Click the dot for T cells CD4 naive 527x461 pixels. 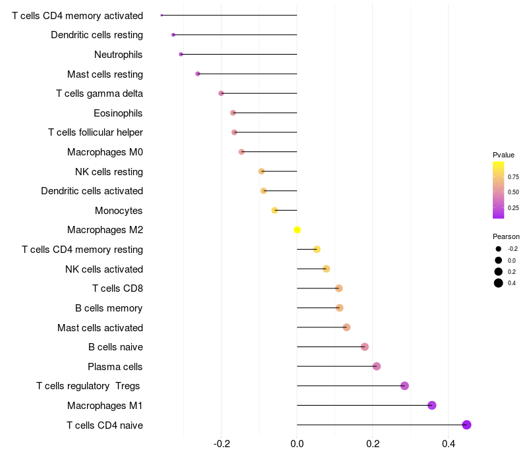[466, 425]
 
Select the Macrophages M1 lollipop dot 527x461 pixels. [432, 405]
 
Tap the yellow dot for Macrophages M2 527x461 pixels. [297, 230]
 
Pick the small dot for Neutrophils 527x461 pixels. [180, 55]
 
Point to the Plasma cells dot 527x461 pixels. [377, 366]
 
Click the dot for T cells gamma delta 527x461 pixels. [221, 94]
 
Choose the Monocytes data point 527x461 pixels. [275, 210]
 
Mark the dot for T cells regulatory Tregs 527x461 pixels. [404, 386]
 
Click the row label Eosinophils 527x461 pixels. [118, 113]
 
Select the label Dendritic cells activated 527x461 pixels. [92, 191]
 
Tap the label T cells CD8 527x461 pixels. [118, 288]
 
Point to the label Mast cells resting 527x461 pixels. [105, 74]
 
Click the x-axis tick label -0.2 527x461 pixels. [222, 444]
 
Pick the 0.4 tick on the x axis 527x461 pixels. [449, 444]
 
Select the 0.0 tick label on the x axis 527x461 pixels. [297, 444]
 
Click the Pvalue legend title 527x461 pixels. [503, 155]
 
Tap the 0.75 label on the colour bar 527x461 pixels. [513, 176]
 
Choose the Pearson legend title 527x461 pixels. [506, 236]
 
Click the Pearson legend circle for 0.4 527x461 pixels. [499, 283]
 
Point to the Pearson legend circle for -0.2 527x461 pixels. [499, 249]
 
